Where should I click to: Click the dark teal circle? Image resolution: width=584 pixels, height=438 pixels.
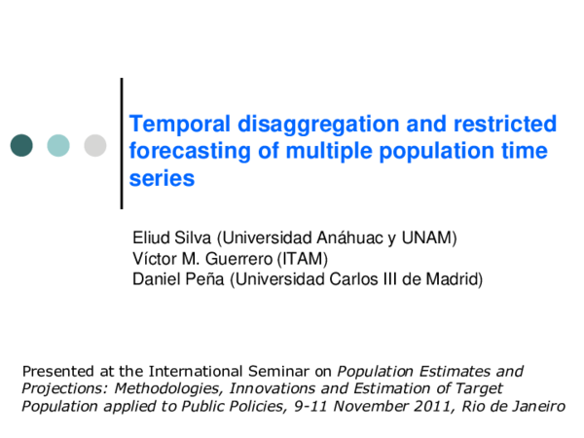click(21, 145)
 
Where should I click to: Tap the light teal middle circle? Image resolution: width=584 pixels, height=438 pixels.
click(58, 145)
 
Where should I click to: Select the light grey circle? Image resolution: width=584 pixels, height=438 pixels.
click(95, 145)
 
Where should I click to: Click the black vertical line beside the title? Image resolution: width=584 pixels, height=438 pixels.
click(122, 143)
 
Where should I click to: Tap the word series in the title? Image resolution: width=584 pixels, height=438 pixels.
click(163, 179)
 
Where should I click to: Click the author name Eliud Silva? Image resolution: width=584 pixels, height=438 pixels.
click(171, 237)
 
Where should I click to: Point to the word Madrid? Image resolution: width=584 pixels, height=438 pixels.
click(453, 279)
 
